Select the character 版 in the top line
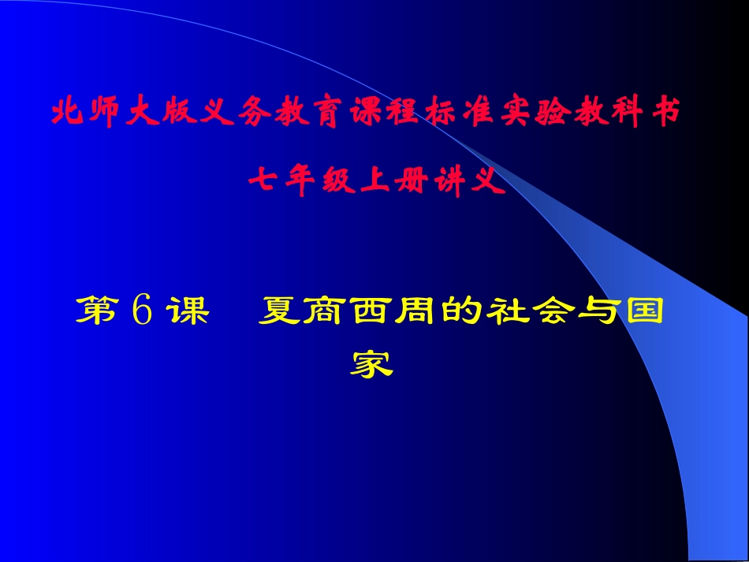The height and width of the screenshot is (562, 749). point(180,114)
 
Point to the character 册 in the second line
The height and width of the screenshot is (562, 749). point(414,183)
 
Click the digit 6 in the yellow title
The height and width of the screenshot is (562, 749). point(142,312)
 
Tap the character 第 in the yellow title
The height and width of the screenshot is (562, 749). point(95,312)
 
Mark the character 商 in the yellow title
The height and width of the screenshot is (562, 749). point(326,312)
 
